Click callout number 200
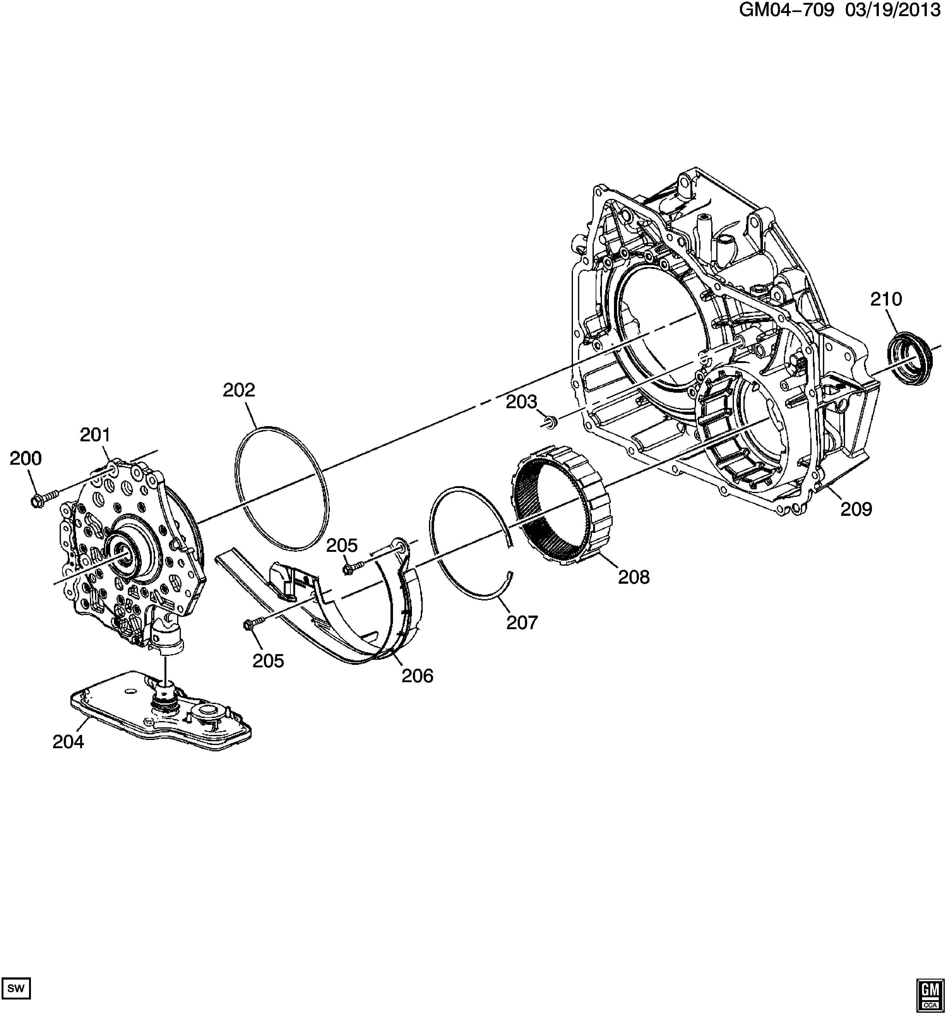coord(26,459)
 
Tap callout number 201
coord(95,435)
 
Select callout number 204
coord(68,742)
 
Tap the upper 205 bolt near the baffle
coord(352,567)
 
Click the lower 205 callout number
coord(268,661)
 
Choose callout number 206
coord(417,676)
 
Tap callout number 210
coord(886,299)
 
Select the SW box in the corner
coord(16,988)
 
